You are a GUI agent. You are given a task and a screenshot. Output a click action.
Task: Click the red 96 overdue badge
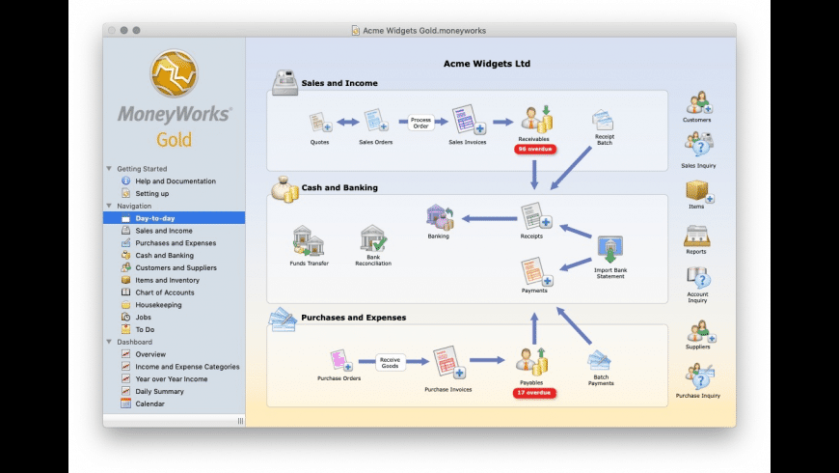tap(533, 150)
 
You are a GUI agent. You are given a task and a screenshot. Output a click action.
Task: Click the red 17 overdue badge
tap(533, 393)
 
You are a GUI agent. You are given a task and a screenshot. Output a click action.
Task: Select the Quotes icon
tap(319, 124)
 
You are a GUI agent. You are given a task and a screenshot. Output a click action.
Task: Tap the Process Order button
tap(419, 123)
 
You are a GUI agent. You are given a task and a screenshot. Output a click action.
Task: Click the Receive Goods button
tap(390, 362)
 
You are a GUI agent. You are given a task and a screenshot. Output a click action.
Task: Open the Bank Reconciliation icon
tap(373, 241)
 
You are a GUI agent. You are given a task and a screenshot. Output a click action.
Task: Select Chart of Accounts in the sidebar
tap(164, 292)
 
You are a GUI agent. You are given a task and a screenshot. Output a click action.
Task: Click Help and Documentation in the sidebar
tap(175, 181)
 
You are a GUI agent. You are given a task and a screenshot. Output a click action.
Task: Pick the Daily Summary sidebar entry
tap(159, 391)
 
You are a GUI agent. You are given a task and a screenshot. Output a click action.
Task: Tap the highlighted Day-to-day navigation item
tap(154, 218)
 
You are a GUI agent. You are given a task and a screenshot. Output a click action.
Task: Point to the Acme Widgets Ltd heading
tap(486, 64)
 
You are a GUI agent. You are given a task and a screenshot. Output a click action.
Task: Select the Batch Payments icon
tap(600, 362)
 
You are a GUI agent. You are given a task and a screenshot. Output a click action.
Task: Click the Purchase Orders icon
tap(338, 361)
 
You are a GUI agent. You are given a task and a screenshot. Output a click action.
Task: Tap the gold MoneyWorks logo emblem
tap(174, 74)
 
